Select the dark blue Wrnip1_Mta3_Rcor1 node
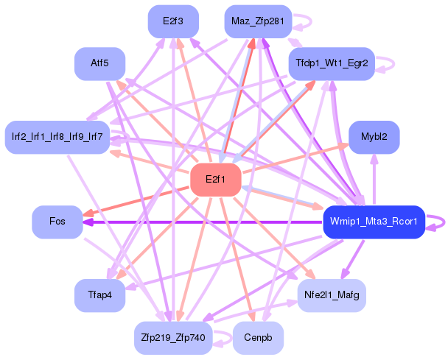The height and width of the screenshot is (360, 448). pyautogui.click(x=374, y=222)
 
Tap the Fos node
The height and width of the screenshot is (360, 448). pyautogui.click(x=57, y=222)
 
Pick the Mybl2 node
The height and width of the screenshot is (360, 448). pyautogui.click(x=379, y=137)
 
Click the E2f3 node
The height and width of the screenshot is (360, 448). pyautogui.click(x=172, y=21)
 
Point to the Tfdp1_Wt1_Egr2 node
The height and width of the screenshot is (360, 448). pyautogui.click(x=332, y=64)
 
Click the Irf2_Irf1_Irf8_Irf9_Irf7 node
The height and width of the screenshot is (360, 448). pyautogui.click(x=57, y=137)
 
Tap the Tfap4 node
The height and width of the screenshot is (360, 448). pyautogui.click(x=99, y=295)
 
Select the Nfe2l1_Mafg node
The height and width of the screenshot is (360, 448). pyautogui.click(x=331, y=295)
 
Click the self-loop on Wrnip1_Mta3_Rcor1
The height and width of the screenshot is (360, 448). pyautogui.click(x=441, y=222)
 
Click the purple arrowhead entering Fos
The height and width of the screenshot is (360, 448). pyautogui.click(x=87, y=222)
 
